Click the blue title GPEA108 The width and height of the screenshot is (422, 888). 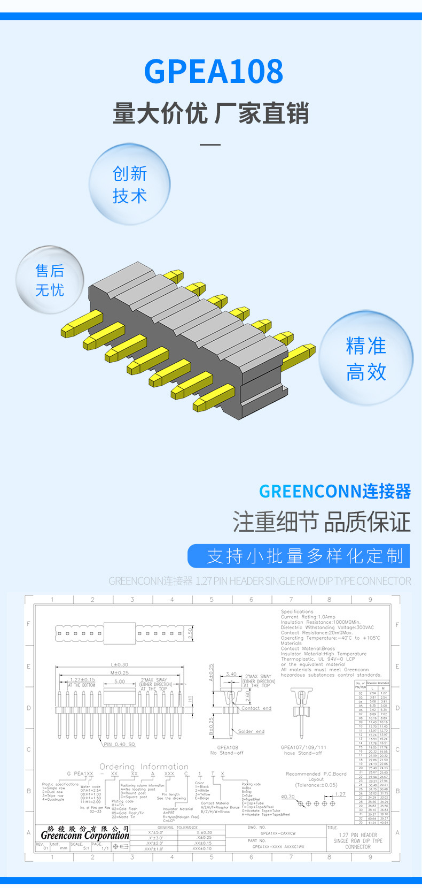pyautogui.click(x=213, y=72)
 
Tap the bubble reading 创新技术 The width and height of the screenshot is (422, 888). pyautogui.click(x=130, y=185)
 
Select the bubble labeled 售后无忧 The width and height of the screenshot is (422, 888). pyautogui.click(x=50, y=280)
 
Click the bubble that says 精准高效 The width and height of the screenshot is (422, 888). pyautogui.click(x=366, y=358)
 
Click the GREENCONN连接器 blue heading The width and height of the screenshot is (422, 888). pyautogui.click(x=335, y=491)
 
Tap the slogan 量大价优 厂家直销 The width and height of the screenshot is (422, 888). pyautogui.click(x=211, y=114)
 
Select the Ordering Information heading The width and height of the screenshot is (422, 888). pyautogui.click(x=144, y=767)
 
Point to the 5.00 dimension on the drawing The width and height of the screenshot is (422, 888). pyautogui.click(x=119, y=682)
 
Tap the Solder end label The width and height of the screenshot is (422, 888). pyautogui.click(x=251, y=731)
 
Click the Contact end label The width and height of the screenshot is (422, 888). pyautogui.click(x=256, y=708)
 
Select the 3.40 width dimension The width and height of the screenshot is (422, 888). pyautogui.click(x=231, y=674)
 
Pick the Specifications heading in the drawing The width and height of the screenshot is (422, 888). pyautogui.click(x=297, y=611)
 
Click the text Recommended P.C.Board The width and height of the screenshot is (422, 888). pyautogui.click(x=316, y=774)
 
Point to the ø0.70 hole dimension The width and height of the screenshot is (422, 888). pyautogui.click(x=288, y=797)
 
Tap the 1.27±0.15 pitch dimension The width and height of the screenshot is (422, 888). pyautogui.click(x=82, y=680)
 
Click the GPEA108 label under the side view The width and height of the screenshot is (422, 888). pyautogui.click(x=228, y=747)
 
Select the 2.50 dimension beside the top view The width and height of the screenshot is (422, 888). pyautogui.click(x=191, y=633)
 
